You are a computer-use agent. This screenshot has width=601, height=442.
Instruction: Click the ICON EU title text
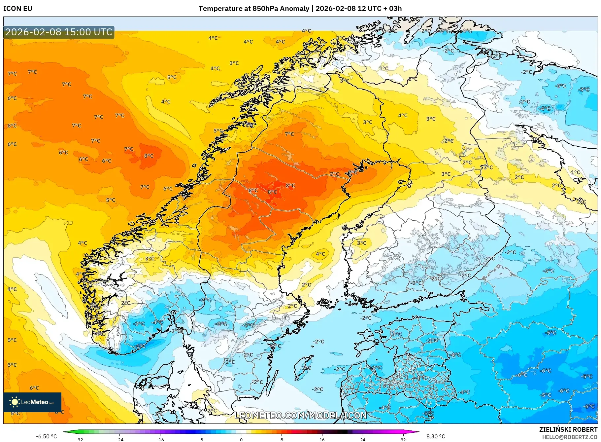18,9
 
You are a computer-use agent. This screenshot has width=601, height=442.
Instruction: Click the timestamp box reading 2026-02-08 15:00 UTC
59,32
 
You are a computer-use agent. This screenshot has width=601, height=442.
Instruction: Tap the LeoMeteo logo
32,402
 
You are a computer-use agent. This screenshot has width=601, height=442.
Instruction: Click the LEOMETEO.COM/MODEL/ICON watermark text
300,415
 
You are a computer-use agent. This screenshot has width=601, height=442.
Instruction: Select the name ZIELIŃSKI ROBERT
568,429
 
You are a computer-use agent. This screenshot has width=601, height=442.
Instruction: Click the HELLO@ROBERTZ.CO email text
570,437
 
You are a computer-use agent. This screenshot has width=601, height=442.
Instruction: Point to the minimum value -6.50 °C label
46,436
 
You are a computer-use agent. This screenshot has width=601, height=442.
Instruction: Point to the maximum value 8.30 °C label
436,436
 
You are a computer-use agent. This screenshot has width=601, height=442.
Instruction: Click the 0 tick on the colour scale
241,439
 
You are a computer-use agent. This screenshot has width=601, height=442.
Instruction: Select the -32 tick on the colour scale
79,439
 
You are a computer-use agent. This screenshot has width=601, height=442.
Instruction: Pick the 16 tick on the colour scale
322,439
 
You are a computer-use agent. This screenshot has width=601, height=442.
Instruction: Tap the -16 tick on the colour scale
160,439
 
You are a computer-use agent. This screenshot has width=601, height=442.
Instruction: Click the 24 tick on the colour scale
362,439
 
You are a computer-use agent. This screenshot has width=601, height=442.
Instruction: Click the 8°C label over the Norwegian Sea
149,156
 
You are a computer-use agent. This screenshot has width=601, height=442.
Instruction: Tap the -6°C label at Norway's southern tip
140,346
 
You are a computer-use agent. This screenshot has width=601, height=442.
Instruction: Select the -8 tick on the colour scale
201,439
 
